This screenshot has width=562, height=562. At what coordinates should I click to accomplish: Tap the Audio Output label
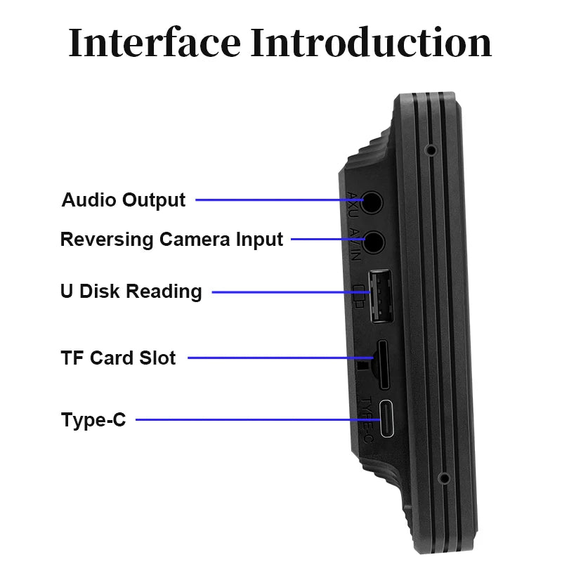click(124, 200)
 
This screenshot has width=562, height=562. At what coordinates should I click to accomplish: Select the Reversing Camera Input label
click(171, 240)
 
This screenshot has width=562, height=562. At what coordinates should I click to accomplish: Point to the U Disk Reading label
click(131, 292)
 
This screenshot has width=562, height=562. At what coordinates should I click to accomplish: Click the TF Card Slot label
click(118, 358)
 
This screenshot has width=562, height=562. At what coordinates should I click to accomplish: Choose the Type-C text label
click(93, 421)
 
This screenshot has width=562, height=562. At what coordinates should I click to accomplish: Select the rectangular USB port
click(381, 296)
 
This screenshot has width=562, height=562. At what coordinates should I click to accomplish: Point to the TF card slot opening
click(384, 364)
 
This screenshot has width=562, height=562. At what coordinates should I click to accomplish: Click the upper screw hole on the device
click(429, 150)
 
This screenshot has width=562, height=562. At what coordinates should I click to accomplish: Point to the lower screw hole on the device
click(443, 478)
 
